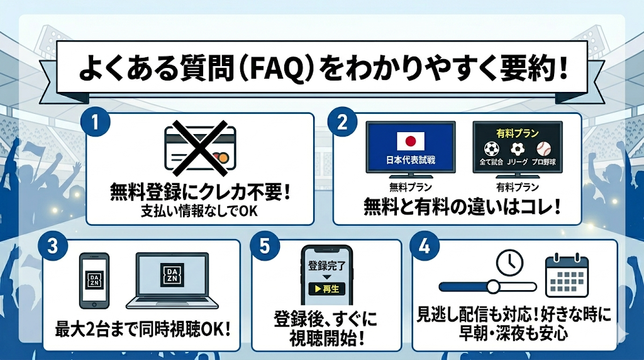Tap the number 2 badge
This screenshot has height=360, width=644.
click(x=342, y=121)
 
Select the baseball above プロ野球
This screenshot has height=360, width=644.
click(x=542, y=149)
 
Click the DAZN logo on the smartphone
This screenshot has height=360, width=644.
click(x=94, y=278)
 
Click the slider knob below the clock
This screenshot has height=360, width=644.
click(x=493, y=287)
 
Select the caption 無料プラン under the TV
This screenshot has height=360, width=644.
click(x=411, y=187)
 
